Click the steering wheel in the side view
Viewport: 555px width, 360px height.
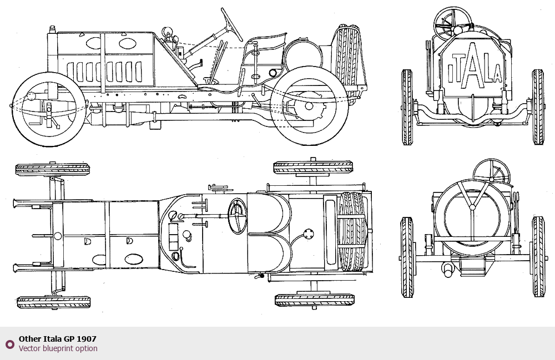point(231,24)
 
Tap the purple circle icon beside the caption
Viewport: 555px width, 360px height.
point(10,344)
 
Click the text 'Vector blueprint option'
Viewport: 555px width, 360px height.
point(58,348)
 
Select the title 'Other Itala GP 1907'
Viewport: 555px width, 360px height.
point(57,339)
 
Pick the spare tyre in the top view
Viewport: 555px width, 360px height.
point(352,232)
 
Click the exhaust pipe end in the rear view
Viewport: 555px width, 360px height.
point(447,270)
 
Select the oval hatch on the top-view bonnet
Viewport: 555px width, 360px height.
point(134,259)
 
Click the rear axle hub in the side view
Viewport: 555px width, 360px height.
point(309,106)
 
